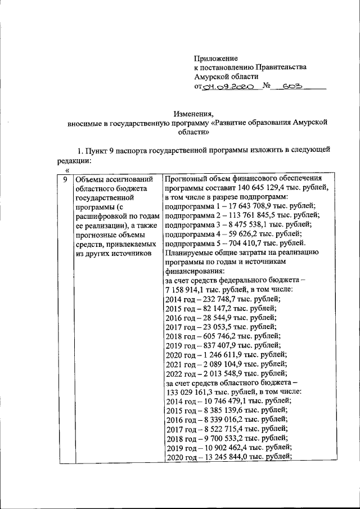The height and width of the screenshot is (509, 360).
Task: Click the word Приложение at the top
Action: point(216,58)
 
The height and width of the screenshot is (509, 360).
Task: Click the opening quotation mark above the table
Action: point(67,169)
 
